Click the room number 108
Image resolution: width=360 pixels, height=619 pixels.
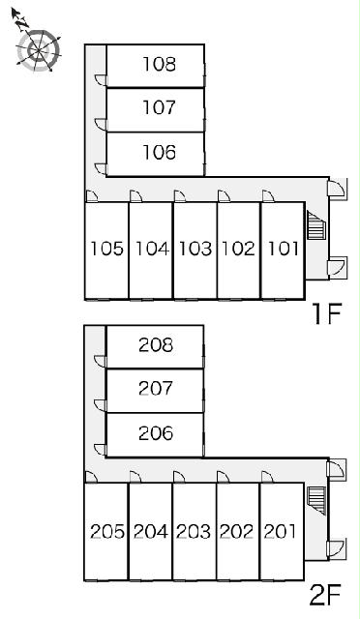pos(160,65)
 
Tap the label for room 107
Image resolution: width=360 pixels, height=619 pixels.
pos(159,107)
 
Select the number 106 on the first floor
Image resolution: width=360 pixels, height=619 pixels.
pos(160,153)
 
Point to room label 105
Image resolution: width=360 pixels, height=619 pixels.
pos(107,249)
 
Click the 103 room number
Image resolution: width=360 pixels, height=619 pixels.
pos(195,249)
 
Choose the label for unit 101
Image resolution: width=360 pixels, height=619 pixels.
pos(284,249)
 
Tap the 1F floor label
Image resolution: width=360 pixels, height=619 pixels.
pos(326,313)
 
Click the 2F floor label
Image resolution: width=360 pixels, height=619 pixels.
pos(325,596)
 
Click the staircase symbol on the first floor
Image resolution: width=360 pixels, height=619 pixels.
pos(315,225)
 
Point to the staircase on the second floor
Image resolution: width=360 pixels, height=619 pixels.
pos(316,501)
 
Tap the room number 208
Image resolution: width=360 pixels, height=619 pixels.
pos(156,345)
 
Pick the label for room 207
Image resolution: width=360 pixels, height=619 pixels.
pos(156,389)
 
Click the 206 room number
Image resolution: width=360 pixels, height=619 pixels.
pos(156,433)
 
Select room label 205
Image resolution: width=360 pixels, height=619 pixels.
pos(107,531)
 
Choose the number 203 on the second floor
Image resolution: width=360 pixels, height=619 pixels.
pos(194,531)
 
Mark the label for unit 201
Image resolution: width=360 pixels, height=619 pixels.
pos(280,531)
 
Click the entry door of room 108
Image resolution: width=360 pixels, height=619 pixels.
pos(101,79)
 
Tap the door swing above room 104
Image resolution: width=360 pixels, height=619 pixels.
pos(135,196)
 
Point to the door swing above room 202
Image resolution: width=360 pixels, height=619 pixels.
pos(223,477)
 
